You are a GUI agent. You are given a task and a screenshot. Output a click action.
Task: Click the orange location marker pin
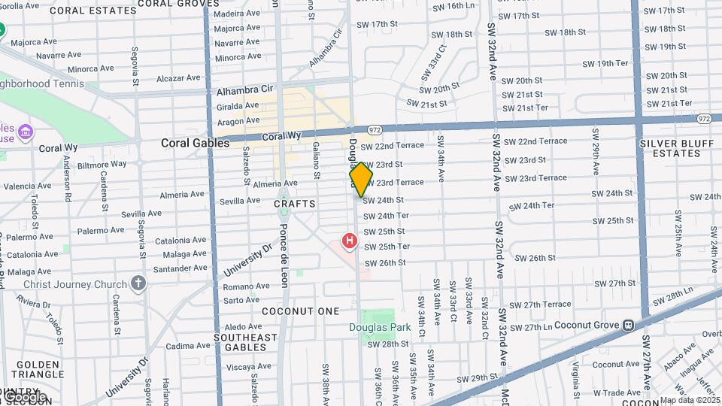coord(361,179)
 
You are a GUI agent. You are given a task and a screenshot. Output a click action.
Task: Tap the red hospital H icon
coord(349,241)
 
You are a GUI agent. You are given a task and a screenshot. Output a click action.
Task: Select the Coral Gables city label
coord(189,143)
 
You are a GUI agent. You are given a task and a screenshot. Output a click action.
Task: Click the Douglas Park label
coord(369,327)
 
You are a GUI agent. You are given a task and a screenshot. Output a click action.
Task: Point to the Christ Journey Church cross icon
coord(138,283)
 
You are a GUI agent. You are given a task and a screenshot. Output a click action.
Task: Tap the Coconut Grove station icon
coord(626,326)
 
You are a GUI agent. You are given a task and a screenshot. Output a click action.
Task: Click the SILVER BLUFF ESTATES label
coord(670,148)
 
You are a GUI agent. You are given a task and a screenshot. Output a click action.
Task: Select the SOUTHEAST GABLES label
coord(245,343)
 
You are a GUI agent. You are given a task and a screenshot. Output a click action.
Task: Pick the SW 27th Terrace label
coord(540,304)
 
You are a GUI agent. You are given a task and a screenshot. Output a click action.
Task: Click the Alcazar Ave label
coord(178,77)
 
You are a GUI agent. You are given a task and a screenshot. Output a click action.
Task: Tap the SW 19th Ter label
coord(602,63)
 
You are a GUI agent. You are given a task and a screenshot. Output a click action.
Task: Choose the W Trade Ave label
coord(616,392)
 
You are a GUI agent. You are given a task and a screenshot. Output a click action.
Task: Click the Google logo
coord(25,396)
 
